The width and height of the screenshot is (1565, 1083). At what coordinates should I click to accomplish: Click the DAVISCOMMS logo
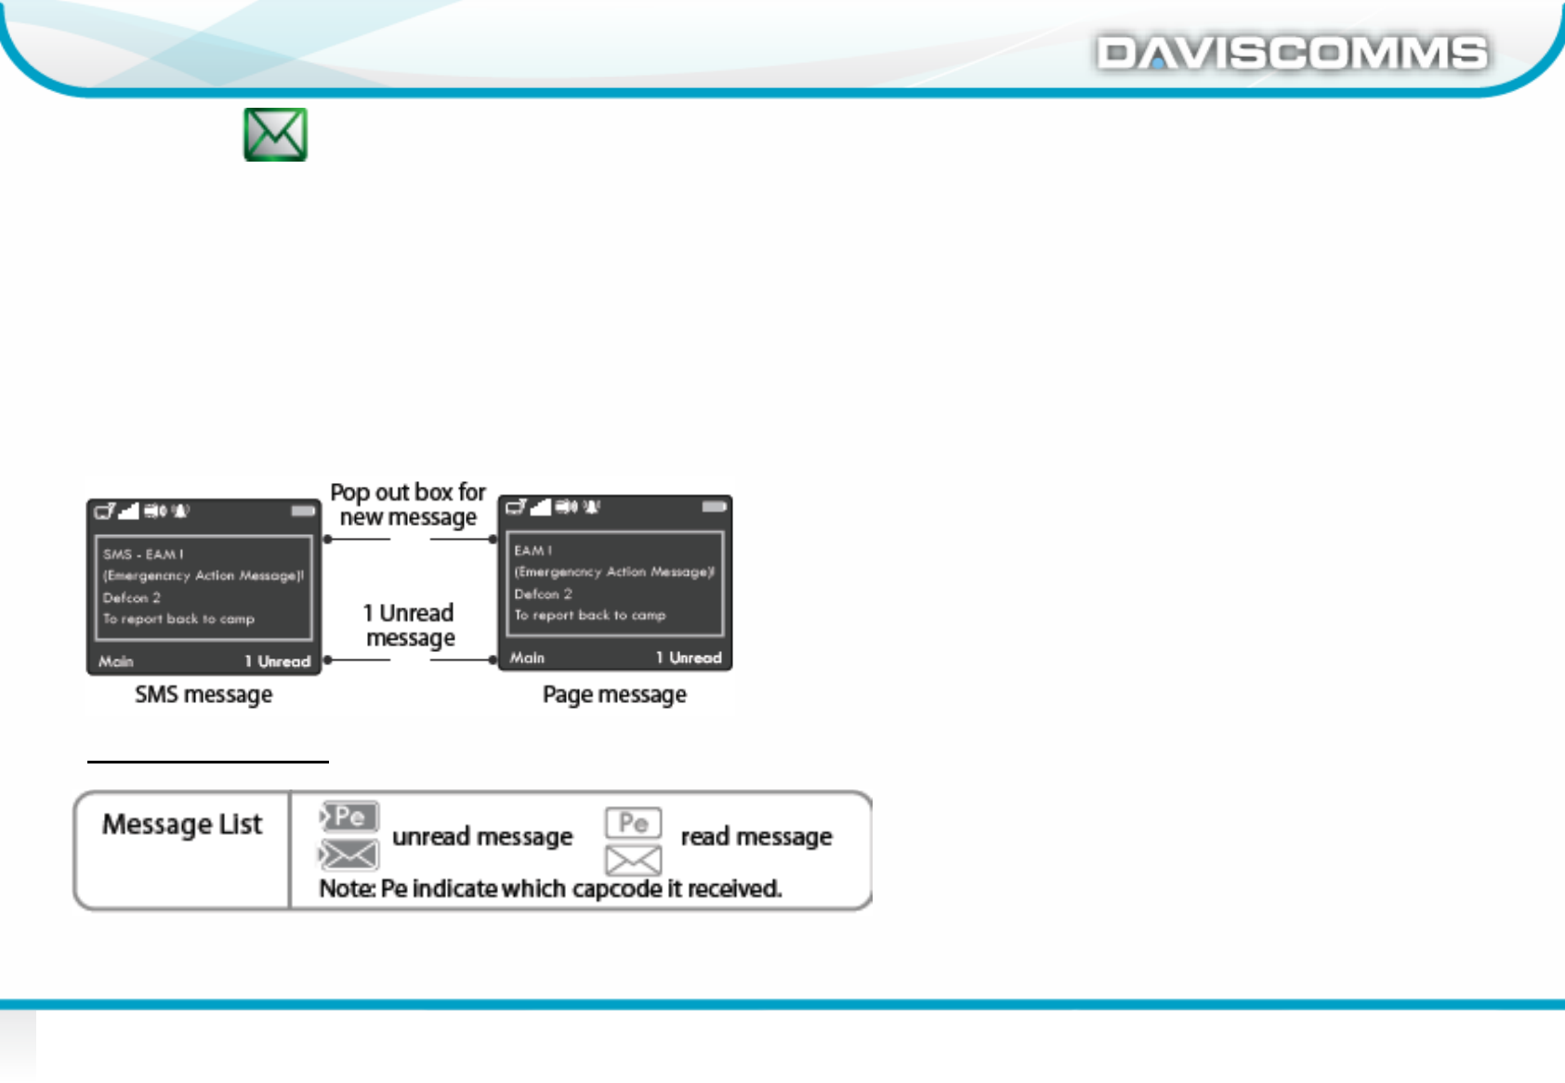(x=1292, y=53)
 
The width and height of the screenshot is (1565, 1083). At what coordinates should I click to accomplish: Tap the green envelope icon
(x=275, y=135)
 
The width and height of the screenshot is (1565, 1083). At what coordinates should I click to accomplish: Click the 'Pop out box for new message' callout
(x=408, y=504)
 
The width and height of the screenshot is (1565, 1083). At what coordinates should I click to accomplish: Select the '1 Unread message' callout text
(x=409, y=625)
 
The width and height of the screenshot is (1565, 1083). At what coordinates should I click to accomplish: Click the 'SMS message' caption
(x=204, y=695)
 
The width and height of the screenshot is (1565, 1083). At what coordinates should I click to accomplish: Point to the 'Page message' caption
(x=614, y=695)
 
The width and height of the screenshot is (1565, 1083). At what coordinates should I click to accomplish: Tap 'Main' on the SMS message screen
(x=116, y=661)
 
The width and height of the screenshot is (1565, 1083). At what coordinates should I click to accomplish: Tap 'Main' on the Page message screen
(x=527, y=658)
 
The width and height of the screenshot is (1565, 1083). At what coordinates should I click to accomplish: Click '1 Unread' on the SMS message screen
(x=277, y=661)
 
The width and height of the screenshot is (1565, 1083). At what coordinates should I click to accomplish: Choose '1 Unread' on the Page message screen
(x=689, y=658)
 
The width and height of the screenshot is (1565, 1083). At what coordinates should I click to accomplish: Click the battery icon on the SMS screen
(x=303, y=511)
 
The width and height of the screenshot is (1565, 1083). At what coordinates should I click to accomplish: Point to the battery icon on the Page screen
(x=714, y=507)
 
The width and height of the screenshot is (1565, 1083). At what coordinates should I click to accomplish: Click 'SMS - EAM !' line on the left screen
(x=143, y=555)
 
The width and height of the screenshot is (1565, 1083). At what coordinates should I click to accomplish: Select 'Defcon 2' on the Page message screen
(x=543, y=594)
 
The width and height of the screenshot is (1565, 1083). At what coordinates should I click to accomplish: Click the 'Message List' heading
(x=182, y=825)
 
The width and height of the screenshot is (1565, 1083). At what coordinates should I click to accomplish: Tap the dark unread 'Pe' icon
(x=349, y=816)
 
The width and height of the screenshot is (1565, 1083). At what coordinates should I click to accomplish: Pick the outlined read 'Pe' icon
(x=634, y=823)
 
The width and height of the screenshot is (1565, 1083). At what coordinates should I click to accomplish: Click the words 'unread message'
(x=482, y=837)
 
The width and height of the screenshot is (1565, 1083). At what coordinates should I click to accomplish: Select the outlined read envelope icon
(x=634, y=861)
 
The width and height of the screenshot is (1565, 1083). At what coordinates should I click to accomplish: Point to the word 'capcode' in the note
(x=617, y=889)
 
